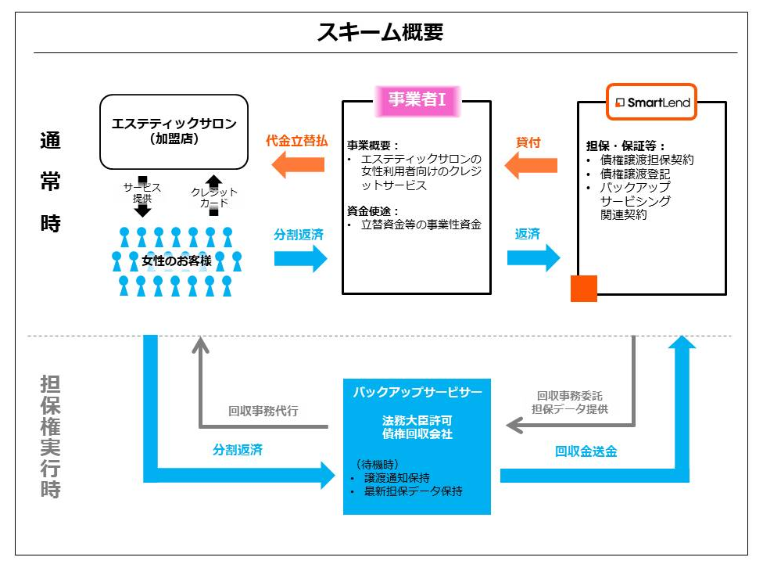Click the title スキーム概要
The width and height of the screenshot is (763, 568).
381,32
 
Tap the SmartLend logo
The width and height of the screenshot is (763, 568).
652,102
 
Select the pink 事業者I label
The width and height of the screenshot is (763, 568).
417,99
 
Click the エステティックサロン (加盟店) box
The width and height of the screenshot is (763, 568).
174,131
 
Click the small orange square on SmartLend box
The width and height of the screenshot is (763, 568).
583,288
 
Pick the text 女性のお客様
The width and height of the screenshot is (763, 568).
176,261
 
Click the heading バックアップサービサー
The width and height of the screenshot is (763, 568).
417,391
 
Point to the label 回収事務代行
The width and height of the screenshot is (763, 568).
263,411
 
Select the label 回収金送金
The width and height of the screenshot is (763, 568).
586,451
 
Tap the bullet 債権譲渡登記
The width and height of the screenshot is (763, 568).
640,174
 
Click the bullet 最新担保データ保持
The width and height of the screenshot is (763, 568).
413,491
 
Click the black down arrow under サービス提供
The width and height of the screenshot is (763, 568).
141,208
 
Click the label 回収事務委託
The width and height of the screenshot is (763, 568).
569,396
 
